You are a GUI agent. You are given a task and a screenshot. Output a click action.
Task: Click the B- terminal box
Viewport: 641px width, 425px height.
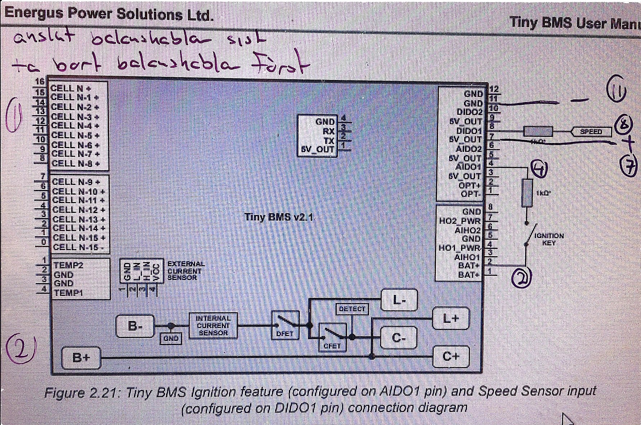point(135,326)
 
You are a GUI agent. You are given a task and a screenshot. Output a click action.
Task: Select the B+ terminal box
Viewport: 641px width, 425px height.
point(81,358)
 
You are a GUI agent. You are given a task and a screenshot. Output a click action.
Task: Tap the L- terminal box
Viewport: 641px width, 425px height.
point(399,300)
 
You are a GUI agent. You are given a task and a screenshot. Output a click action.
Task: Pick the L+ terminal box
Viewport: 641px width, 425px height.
point(450,318)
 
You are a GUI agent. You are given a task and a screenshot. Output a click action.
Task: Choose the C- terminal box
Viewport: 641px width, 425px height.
point(399,338)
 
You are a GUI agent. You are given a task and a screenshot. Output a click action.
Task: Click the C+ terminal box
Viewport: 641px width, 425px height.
point(451,357)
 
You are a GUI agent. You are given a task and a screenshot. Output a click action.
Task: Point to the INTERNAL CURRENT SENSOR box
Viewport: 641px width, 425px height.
point(213,326)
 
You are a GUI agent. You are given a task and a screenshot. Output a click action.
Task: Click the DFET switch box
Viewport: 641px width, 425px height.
point(285,326)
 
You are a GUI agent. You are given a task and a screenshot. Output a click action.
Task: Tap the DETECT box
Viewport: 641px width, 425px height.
point(352,309)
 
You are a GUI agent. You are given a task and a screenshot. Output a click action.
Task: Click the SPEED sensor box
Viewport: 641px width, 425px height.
point(591,132)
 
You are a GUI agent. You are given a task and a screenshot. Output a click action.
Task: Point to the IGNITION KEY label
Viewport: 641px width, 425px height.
point(549,239)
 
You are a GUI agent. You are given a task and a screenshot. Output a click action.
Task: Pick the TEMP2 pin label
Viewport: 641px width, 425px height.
point(68,265)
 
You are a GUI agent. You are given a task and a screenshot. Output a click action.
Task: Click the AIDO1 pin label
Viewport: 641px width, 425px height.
point(468,167)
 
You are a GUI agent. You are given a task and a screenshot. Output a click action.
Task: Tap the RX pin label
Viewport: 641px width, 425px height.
point(329,131)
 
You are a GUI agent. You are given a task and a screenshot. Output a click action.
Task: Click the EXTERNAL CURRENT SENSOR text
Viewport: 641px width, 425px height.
point(185,271)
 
